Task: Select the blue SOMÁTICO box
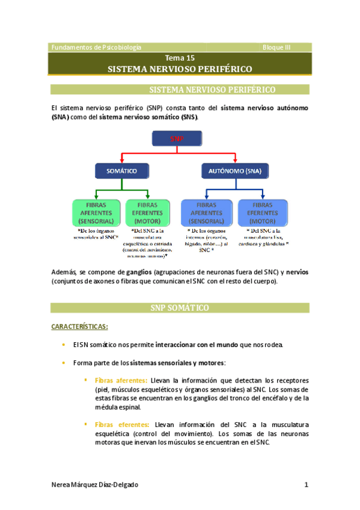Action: click(x=121, y=171)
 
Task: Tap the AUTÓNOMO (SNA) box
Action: click(x=231, y=171)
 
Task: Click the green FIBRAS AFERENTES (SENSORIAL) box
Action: click(x=96, y=213)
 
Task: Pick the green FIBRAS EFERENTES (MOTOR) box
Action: click(x=148, y=213)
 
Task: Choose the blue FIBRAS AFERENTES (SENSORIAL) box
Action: click(x=207, y=213)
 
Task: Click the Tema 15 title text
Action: click(x=180, y=58)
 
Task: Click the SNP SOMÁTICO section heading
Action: click(x=179, y=308)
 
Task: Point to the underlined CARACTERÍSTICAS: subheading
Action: click(x=79, y=327)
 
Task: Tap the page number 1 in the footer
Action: click(x=307, y=485)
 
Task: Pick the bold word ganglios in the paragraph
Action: click(x=138, y=272)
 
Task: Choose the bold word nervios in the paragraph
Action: click(x=296, y=272)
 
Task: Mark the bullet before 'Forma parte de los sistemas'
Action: click(x=63, y=363)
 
